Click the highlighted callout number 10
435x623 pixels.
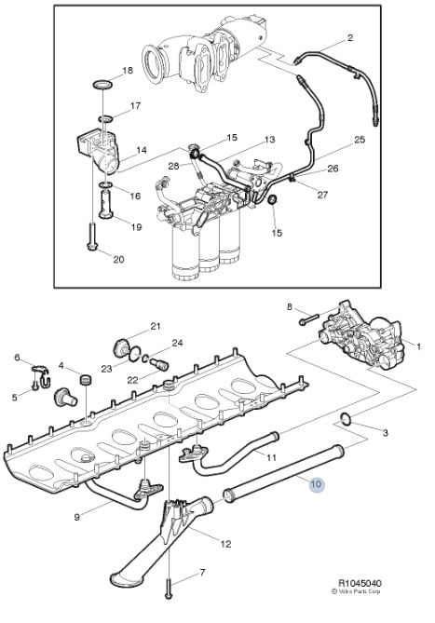click(x=316, y=484)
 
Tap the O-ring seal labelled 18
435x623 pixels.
click(x=102, y=84)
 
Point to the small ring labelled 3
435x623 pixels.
click(x=346, y=418)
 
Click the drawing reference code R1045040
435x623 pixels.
click(x=360, y=583)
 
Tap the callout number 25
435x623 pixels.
click(x=360, y=140)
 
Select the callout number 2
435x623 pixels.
click(x=349, y=38)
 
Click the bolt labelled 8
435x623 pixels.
click(x=309, y=319)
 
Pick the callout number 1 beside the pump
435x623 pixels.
click(x=418, y=346)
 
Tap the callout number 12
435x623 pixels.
click(x=225, y=544)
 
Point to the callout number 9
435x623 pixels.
click(x=77, y=517)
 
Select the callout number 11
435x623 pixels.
click(x=271, y=458)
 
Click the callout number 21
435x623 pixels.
click(x=155, y=326)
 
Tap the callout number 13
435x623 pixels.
click(x=269, y=140)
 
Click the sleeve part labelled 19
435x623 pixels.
click(x=106, y=204)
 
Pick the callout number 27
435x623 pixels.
click(x=322, y=195)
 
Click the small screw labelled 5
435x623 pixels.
click(x=35, y=385)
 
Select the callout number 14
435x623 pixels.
click(x=142, y=150)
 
